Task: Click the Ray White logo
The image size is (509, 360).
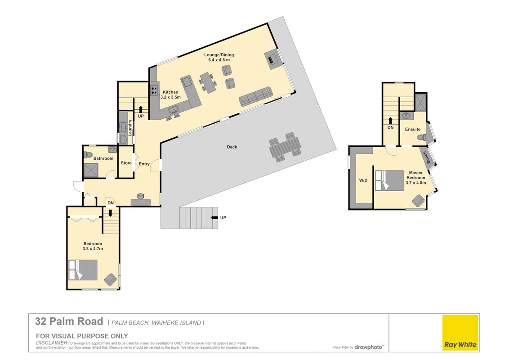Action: pyautogui.click(x=460, y=333)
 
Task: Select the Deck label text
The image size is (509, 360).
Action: pyautogui.click(x=232, y=147)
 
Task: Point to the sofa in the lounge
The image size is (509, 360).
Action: pyautogui.click(x=255, y=96)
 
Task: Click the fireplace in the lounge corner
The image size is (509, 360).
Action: pyautogui.click(x=272, y=59)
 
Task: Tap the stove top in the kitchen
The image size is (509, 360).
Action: pyautogui.click(x=154, y=90)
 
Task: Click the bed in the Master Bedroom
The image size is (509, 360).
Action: pyautogui.click(x=389, y=180)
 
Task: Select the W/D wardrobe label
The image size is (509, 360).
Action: pyautogui.click(x=363, y=180)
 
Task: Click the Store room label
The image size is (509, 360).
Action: pyautogui.click(x=126, y=163)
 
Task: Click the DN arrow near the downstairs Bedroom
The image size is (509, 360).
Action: pyautogui.click(x=110, y=213)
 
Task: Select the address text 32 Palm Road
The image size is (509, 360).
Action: pyautogui.click(x=69, y=322)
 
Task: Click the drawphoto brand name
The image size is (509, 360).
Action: pyautogui.click(x=368, y=347)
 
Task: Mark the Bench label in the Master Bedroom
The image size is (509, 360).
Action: pyautogui.click(x=428, y=158)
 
